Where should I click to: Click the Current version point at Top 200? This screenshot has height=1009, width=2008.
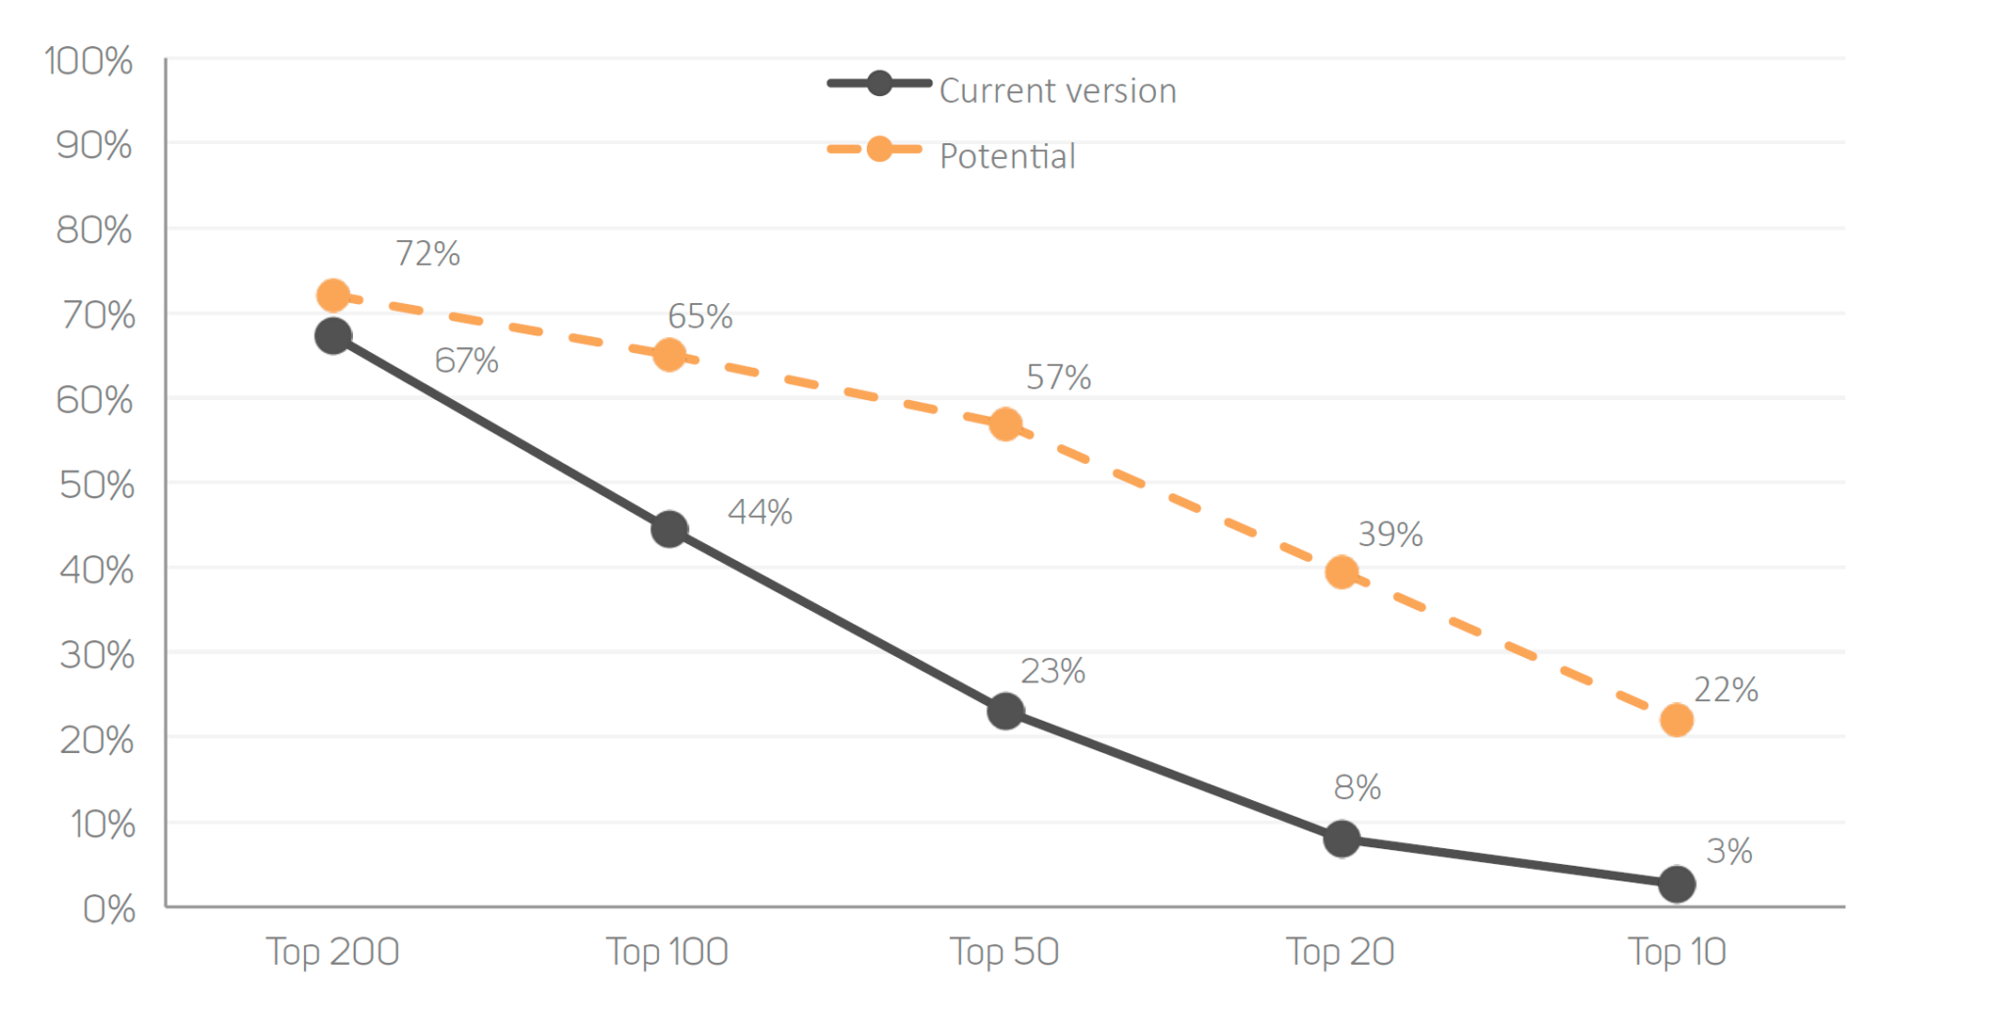pyautogui.click(x=333, y=336)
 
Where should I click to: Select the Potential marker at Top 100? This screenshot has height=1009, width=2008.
pyautogui.click(x=670, y=354)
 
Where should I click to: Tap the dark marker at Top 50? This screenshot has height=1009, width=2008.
pyautogui.click(x=1006, y=711)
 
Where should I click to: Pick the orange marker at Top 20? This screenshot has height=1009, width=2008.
pyautogui.click(x=1341, y=572)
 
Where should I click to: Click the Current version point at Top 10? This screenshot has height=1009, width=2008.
pyautogui.click(x=1677, y=883)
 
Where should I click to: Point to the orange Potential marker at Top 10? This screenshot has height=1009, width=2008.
pyautogui.click(x=1677, y=720)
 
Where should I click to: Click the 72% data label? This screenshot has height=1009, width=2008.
pyautogui.click(x=427, y=253)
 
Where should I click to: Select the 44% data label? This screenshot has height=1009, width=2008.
pyautogui.click(x=760, y=511)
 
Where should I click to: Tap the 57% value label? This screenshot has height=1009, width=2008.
pyautogui.click(x=1059, y=377)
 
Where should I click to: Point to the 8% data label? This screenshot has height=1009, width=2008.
pyautogui.click(x=1357, y=786)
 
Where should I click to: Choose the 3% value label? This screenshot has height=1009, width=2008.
pyautogui.click(x=1730, y=850)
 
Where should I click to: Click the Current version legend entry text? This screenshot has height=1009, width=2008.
pyautogui.click(x=1058, y=90)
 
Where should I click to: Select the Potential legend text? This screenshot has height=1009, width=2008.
pyautogui.click(x=1007, y=156)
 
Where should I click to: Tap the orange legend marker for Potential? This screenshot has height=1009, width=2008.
pyautogui.click(x=879, y=149)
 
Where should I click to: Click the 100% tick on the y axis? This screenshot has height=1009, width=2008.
pyautogui.click(x=89, y=61)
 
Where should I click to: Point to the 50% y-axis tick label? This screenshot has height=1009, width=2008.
pyautogui.click(x=96, y=484)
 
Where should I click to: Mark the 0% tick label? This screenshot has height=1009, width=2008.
pyautogui.click(x=109, y=908)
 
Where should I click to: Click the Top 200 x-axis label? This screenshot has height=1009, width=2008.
pyautogui.click(x=333, y=951)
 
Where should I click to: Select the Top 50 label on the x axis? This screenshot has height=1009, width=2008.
pyautogui.click(x=1005, y=951)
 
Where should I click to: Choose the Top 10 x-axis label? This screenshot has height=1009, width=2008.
pyautogui.click(x=1677, y=951)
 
